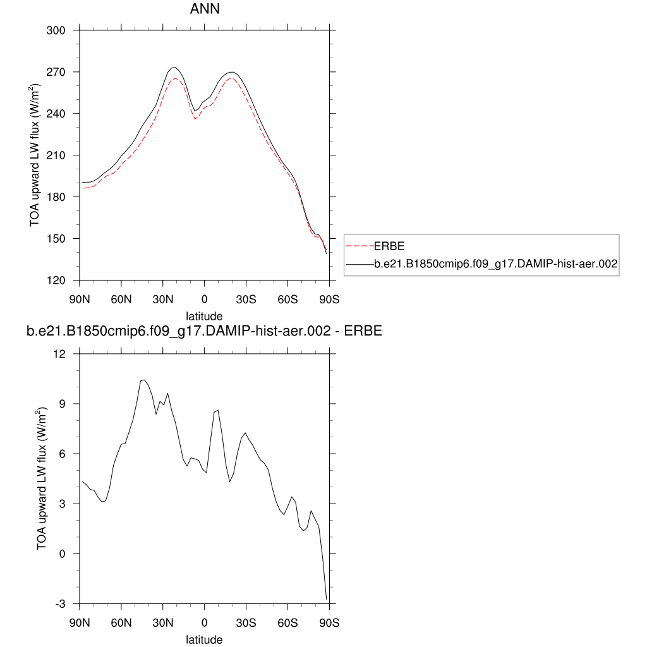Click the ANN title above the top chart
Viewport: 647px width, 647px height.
pos(205,10)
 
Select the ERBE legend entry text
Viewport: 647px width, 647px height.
pos(389,246)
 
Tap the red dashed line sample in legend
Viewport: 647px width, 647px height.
pos(360,246)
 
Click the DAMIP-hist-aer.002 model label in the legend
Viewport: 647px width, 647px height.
pos(495,265)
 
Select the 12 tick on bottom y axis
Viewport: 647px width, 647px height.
pos(61,354)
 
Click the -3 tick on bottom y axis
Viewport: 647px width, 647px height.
pos(61,604)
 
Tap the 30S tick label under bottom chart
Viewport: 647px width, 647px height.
pos(246,622)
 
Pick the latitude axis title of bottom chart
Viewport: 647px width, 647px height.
pos(204,639)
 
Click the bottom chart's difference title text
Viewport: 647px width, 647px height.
pos(204,331)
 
